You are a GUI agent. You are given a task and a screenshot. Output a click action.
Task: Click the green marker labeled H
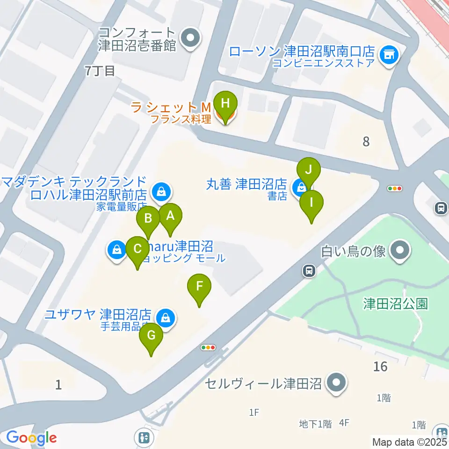click(225, 104)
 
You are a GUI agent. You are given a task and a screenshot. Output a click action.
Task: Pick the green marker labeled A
click(170, 217)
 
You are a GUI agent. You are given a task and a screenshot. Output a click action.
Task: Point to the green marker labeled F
click(199, 286)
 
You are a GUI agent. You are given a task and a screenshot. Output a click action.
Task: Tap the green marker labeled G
click(151, 336)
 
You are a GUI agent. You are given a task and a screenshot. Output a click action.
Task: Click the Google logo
click(31, 438)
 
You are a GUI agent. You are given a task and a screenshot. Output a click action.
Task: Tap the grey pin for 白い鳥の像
click(400, 251)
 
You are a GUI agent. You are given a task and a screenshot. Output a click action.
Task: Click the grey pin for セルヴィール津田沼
click(336, 384)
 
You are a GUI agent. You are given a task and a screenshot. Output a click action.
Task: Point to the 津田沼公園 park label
click(396, 304)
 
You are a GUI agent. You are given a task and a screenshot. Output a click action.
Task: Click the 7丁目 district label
click(100, 71)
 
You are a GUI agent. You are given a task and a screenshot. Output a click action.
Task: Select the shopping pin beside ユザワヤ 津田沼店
click(165, 318)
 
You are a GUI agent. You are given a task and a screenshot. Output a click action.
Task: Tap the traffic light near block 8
click(395, 188)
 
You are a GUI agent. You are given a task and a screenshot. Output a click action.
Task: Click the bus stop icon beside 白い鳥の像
click(309, 270)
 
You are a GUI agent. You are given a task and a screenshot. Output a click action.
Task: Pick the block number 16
click(381, 366)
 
